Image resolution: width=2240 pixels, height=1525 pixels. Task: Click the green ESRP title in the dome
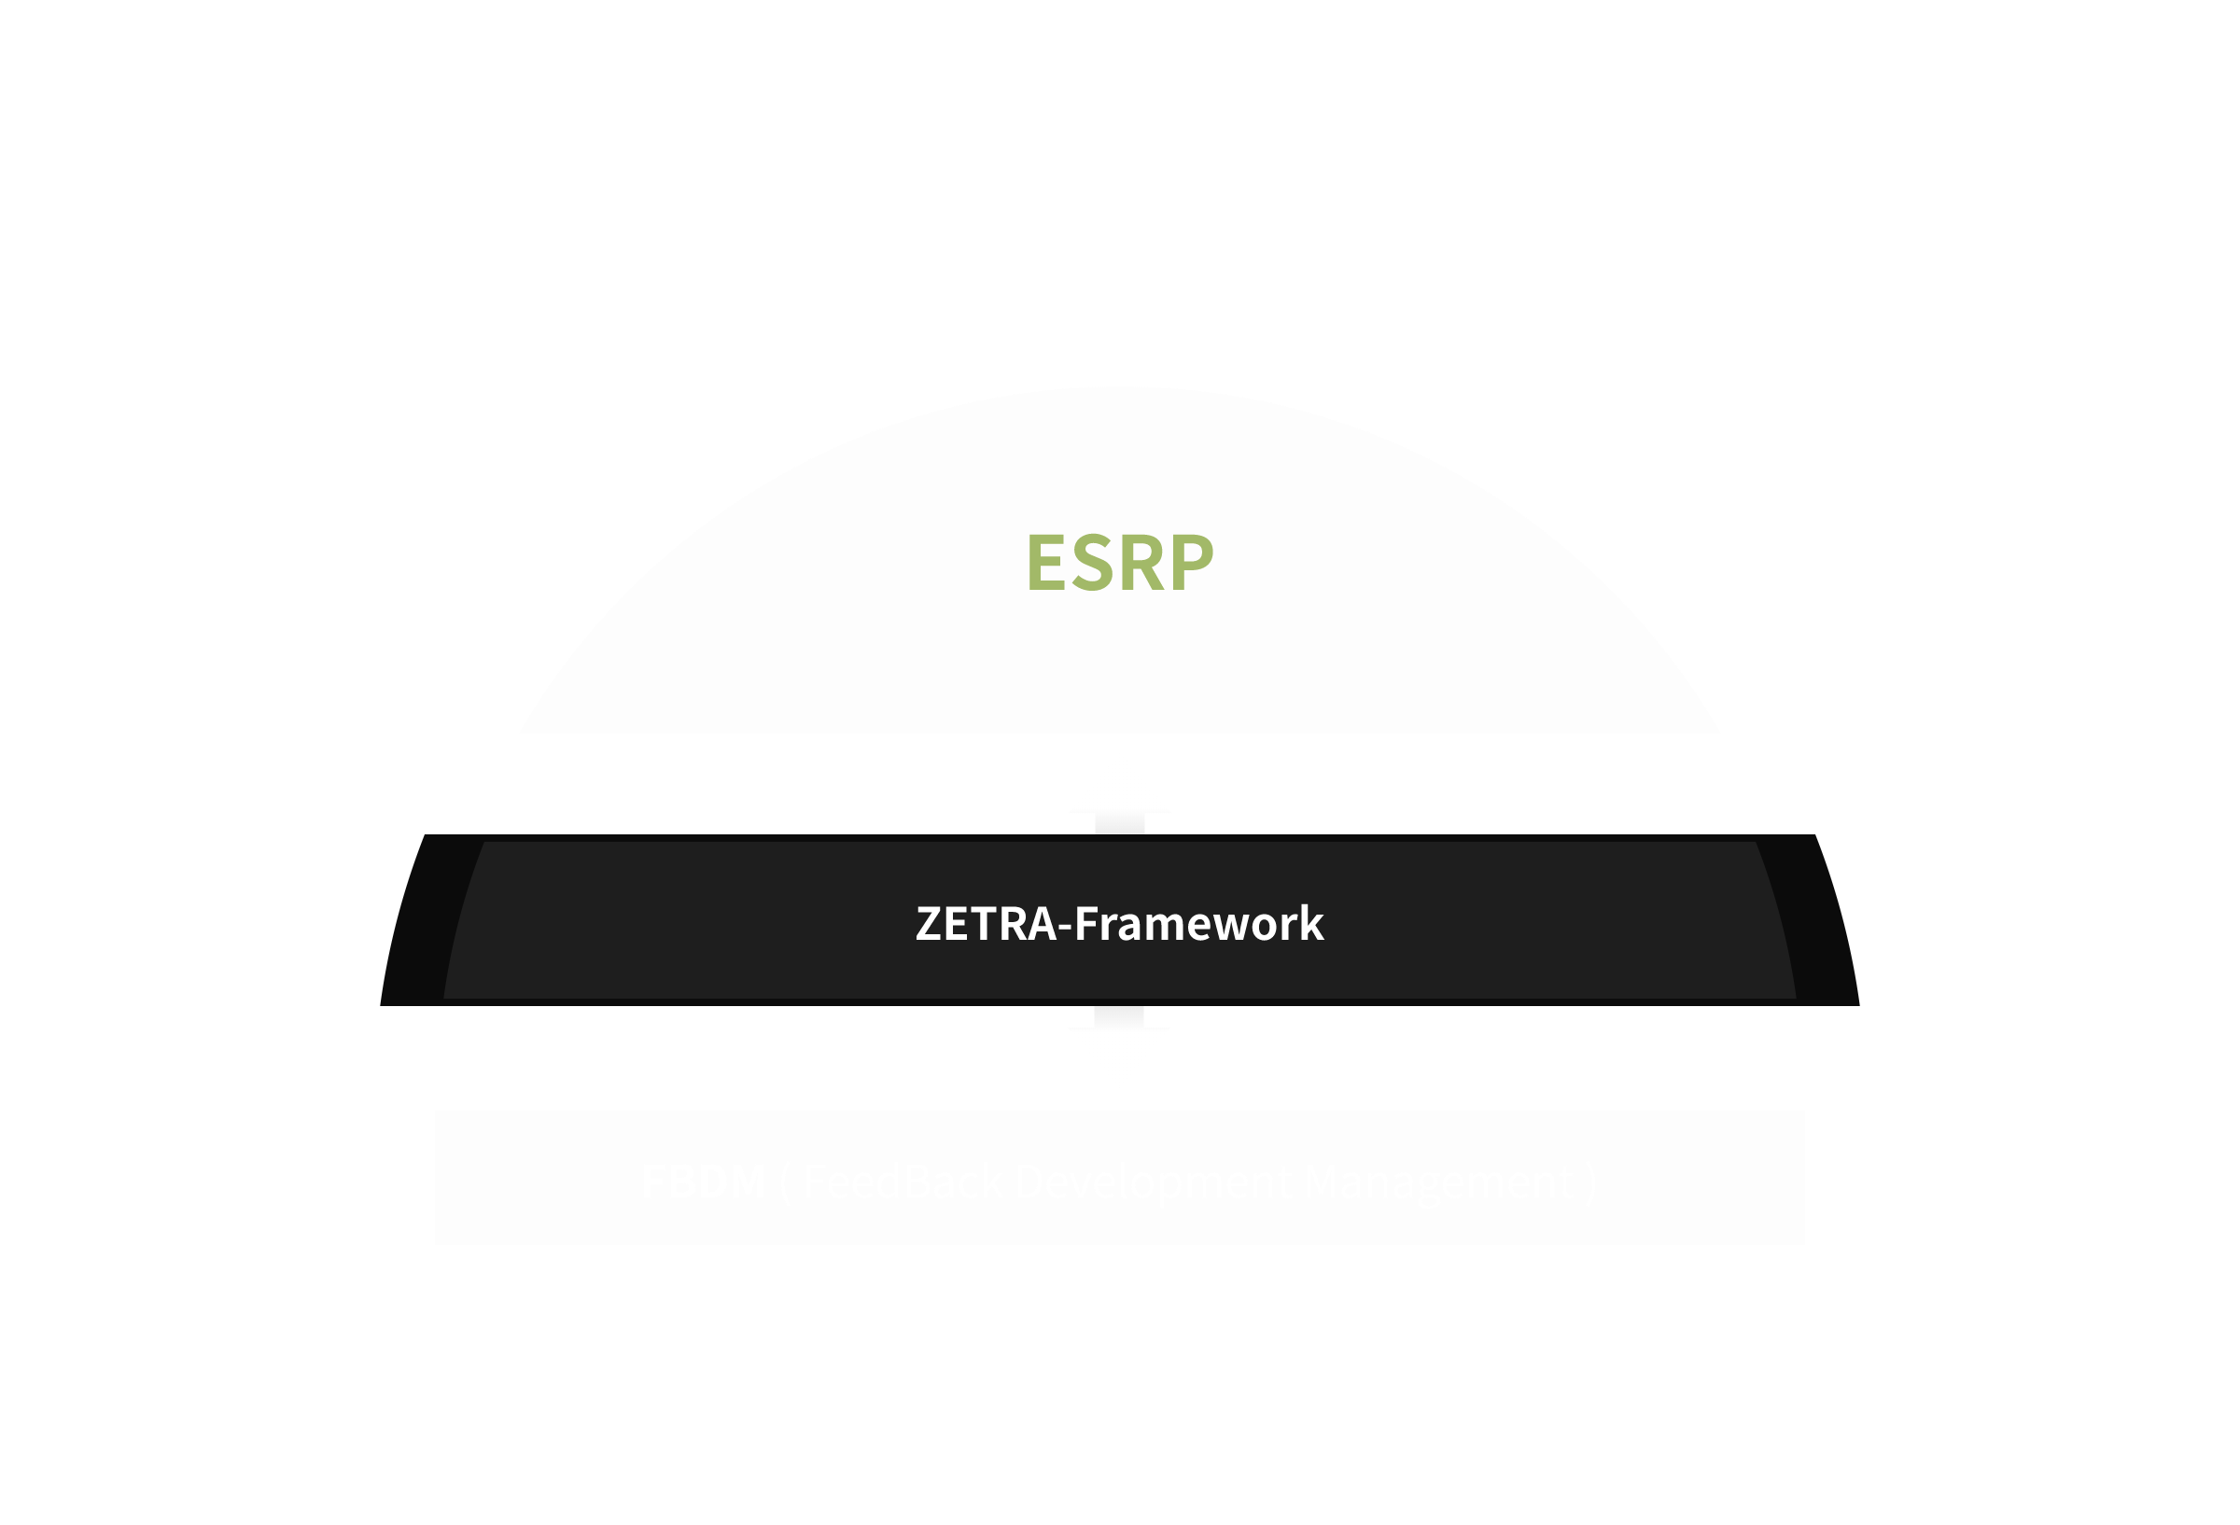click(x=1119, y=563)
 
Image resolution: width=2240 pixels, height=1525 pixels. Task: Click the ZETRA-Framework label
click(x=1119, y=922)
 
